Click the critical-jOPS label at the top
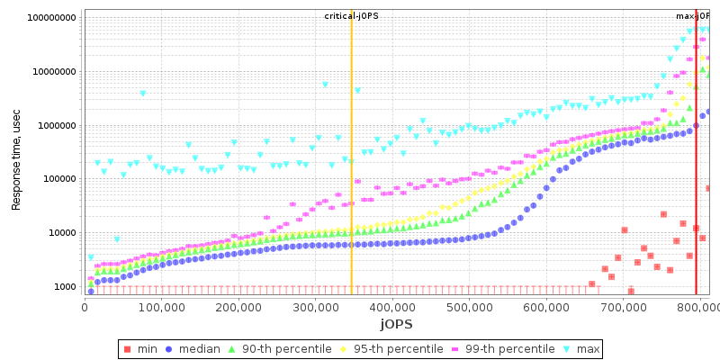(351, 16)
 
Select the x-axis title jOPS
(396, 324)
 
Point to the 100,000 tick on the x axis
(162, 308)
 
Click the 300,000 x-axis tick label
(316, 308)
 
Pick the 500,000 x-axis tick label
(471, 308)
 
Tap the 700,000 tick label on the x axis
(625, 308)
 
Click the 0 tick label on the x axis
(85, 308)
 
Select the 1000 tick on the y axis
(63, 287)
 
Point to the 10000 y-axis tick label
(60, 233)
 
